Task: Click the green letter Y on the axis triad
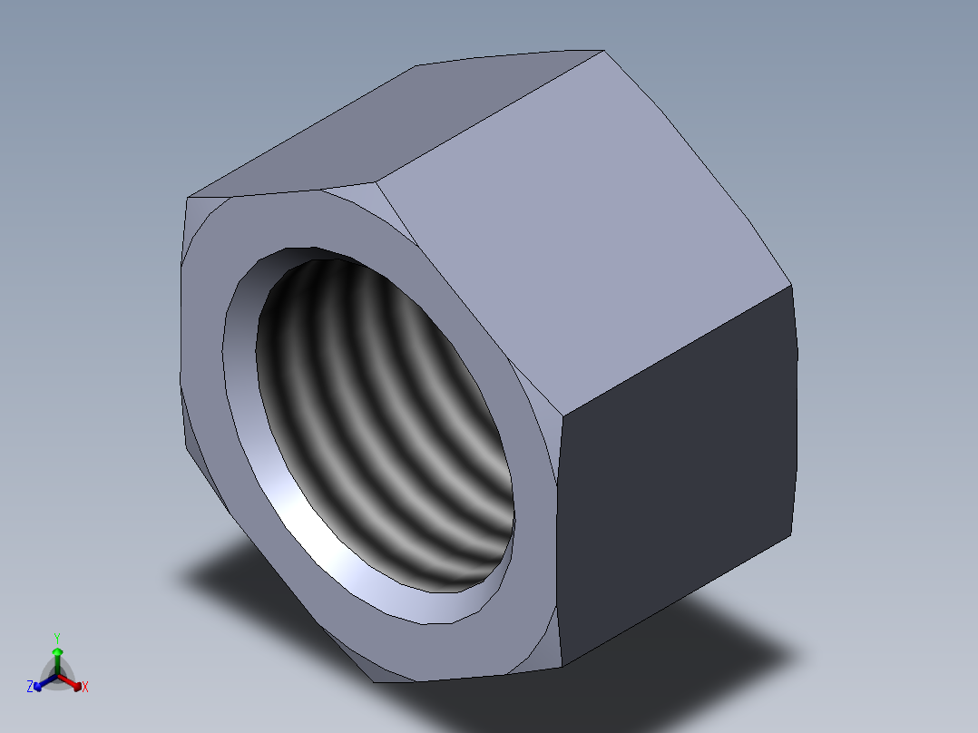click(57, 639)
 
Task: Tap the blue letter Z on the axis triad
click(30, 686)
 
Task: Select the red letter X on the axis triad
click(85, 687)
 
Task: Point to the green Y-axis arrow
click(57, 660)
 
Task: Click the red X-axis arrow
click(70, 682)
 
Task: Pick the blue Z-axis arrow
click(45, 682)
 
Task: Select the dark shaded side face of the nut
click(677, 474)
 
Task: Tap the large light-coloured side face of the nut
click(583, 230)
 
